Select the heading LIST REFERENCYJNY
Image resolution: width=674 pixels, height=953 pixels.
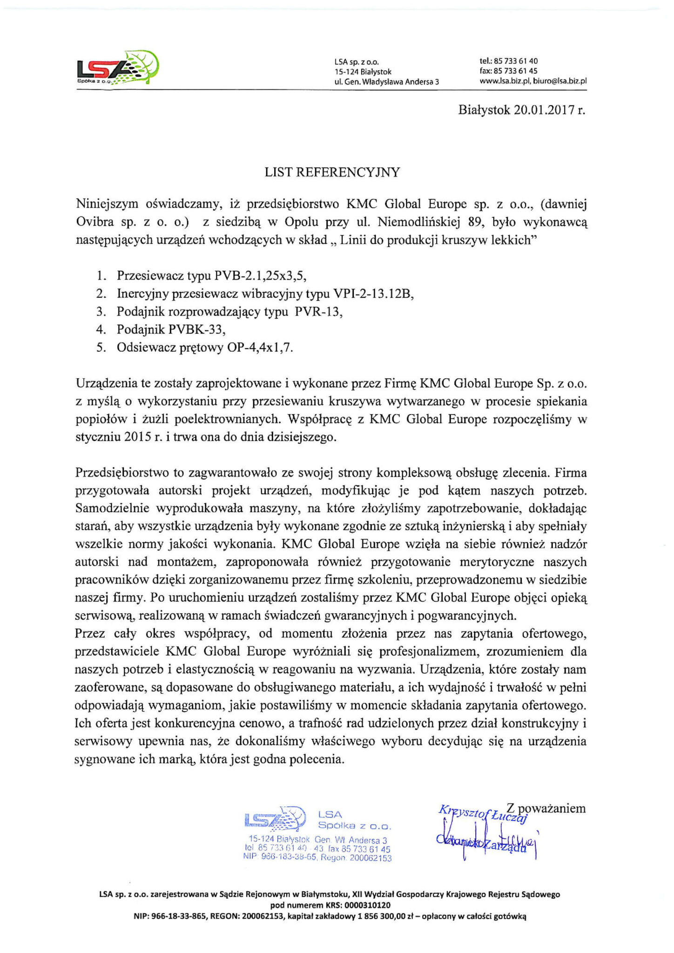point(332,172)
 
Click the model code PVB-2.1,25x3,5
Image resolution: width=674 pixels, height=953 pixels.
point(260,275)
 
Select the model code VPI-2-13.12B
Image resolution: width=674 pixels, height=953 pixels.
point(374,294)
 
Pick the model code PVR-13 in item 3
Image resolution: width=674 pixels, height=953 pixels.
point(318,311)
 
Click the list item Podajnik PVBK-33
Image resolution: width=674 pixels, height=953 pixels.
point(171,329)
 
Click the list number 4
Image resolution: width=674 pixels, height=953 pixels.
point(100,329)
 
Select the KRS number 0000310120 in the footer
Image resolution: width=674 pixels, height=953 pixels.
point(364,905)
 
